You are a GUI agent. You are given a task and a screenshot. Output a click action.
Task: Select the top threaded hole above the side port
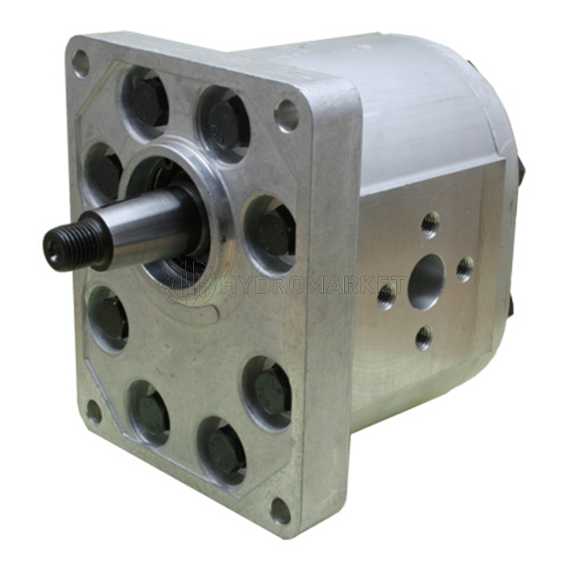430,226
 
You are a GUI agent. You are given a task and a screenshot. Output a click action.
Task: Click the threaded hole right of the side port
465,269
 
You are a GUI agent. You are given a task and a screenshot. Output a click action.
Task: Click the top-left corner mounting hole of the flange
80,64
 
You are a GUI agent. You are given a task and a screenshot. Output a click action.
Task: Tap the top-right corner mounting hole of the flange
286,114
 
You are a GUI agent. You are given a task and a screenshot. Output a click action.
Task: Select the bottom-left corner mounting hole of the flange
93,412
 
